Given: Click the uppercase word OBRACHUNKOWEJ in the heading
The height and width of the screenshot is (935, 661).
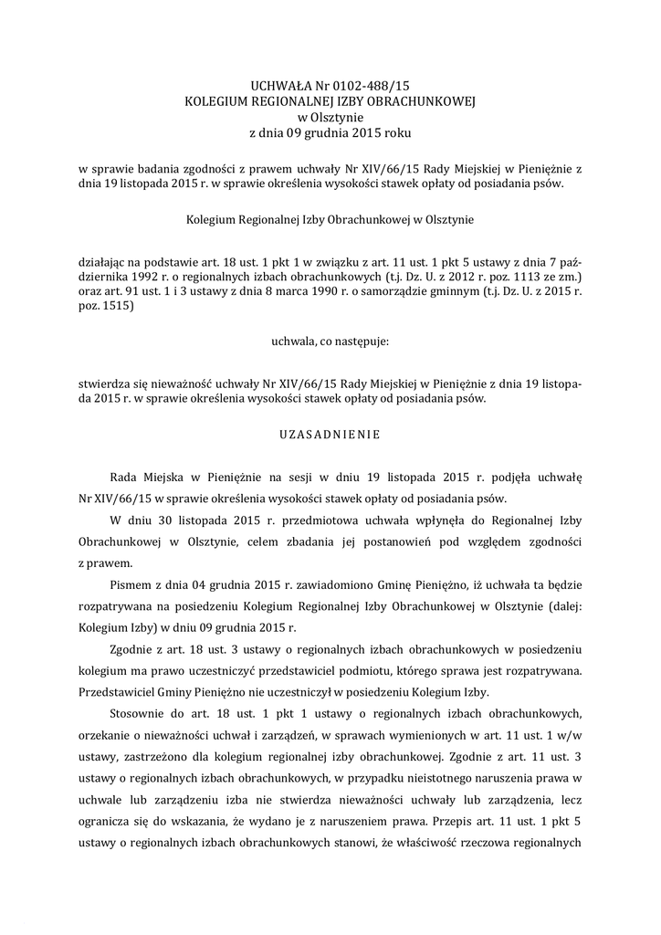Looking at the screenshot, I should click(417, 101).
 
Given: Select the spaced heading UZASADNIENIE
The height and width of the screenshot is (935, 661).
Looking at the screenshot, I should click(330, 435).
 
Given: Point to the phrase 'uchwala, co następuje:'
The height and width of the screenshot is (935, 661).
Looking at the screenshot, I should click(330, 342).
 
